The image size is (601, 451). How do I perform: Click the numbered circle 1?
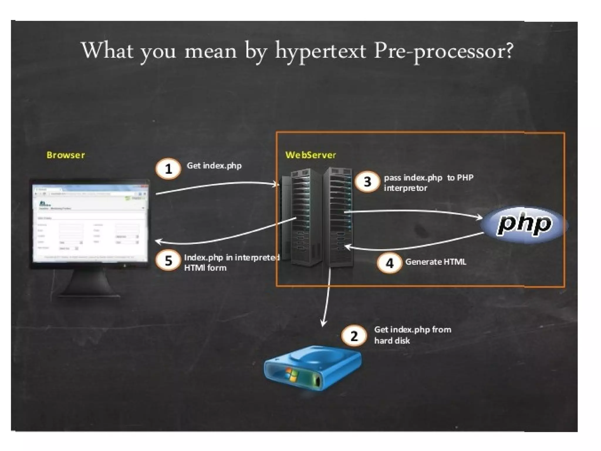click(x=168, y=169)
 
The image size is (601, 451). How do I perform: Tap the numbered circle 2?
click(x=354, y=336)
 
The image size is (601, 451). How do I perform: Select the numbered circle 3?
click(x=367, y=182)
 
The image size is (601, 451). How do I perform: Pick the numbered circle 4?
click(x=389, y=263)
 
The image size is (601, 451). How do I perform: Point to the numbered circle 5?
click(x=168, y=260)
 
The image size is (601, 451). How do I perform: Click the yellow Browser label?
click(x=66, y=155)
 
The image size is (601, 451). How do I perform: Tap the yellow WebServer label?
click(x=310, y=155)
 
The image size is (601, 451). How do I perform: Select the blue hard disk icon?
click(x=313, y=368)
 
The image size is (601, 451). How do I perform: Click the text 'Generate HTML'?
click(x=435, y=262)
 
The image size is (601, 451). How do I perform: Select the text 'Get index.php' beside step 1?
click(x=214, y=166)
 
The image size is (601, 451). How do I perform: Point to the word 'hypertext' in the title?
click(x=320, y=51)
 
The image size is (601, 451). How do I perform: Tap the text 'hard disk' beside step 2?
click(x=392, y=341)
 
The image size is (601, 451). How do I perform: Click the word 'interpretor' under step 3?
click(x=406, y=188)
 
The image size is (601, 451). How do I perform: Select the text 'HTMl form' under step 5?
click(x=205, y=268)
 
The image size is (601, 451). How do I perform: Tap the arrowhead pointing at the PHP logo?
click(x=480, y=217)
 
